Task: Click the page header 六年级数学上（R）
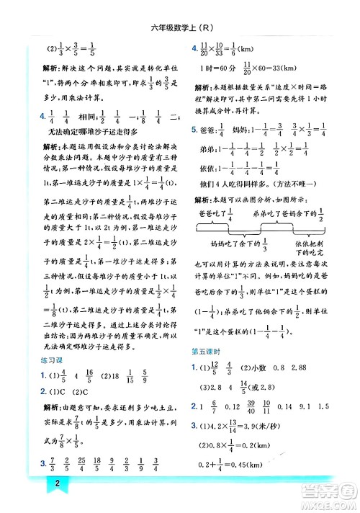(x=179, y=28)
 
